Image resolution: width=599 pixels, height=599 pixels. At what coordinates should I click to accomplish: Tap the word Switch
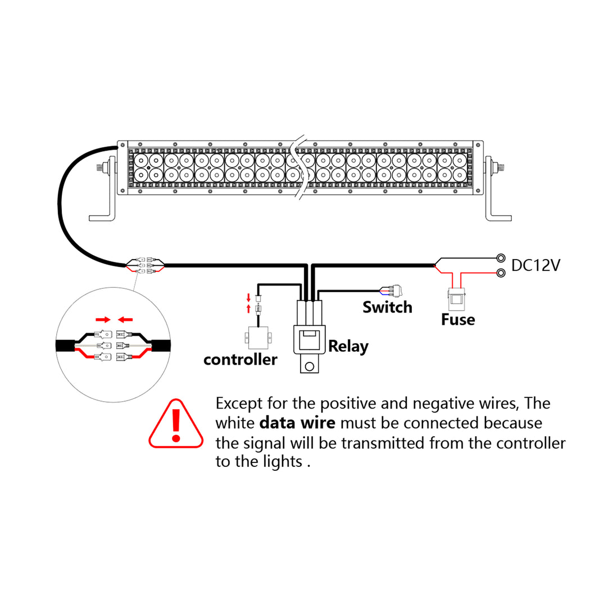(387, 307)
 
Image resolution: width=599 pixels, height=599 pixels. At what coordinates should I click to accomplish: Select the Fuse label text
(457, 320)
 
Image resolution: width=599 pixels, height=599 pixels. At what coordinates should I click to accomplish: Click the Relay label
(348, 346)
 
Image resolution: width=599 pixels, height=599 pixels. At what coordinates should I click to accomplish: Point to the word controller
(240, 360)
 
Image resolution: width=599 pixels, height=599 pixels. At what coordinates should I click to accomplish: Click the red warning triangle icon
(176, 425)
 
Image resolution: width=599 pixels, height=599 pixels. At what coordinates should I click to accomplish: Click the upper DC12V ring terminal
(500, 258)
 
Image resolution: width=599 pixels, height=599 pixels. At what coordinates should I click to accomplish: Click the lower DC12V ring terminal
(500, 273)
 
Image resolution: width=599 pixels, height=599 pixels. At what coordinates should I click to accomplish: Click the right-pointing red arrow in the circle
(103, 319)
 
